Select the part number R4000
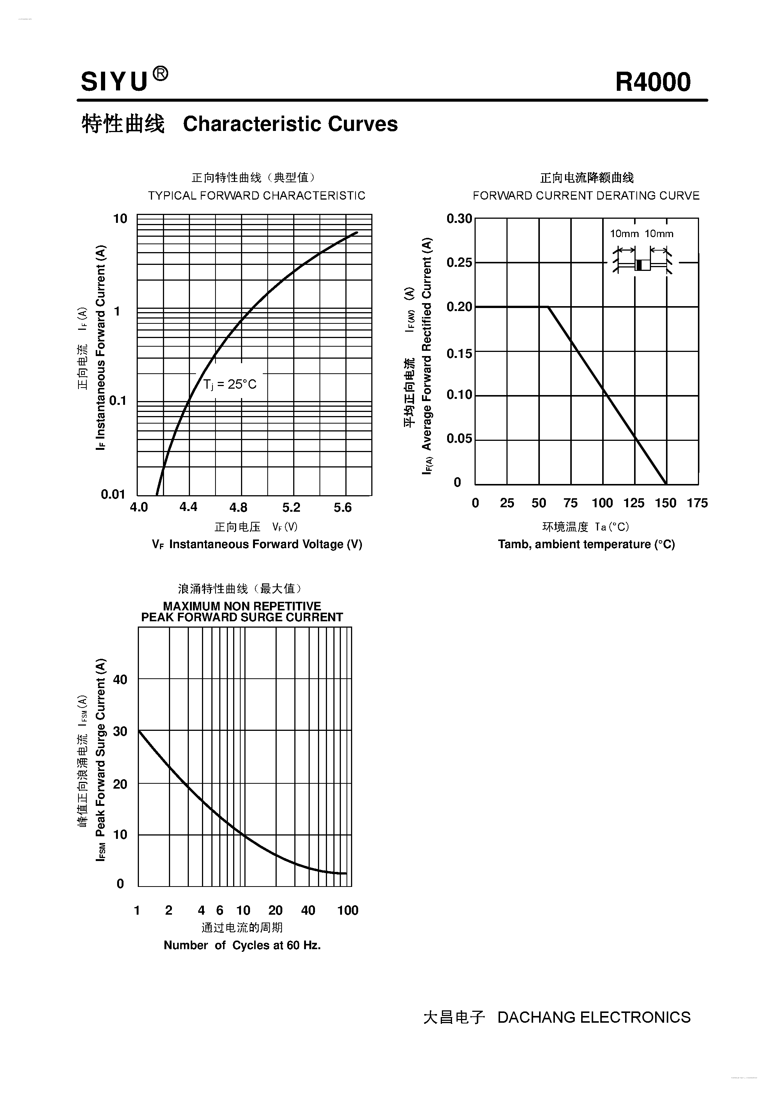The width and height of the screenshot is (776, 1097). tap(652, 82)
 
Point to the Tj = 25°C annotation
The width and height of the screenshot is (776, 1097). tap(230, 384)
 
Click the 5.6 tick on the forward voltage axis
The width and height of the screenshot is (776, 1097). tap(342, 507)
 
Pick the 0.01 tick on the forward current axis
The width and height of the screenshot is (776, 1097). tap(113, 494)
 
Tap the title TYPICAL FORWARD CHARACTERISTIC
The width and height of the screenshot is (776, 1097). tap(256, 196)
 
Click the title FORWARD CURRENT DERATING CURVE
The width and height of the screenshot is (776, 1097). tap(586, 196)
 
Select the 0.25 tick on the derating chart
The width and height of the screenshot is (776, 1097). tap(459, 262)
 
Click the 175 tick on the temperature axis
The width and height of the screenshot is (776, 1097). tap(697, 503)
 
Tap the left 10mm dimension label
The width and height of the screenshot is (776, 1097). tap(624, 234)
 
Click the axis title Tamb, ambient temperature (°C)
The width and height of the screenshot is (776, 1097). tap(586, 544)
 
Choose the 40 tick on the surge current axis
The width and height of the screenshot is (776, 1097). tap(120, 679)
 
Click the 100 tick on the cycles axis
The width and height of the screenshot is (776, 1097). tap(348, 910)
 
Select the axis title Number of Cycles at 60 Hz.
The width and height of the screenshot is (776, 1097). tap(242, 945)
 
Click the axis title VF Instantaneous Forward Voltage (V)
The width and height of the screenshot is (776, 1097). tap(257, 544)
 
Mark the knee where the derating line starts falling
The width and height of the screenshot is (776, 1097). tap(548, 307)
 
